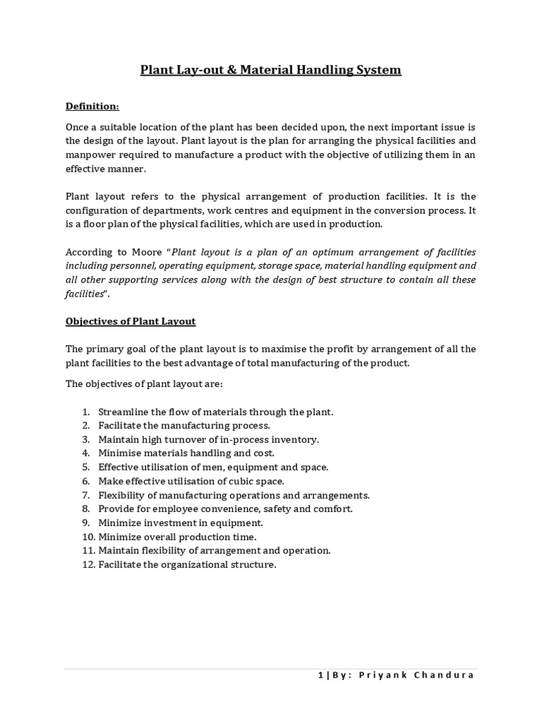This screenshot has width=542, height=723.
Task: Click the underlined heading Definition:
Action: click(92, 106)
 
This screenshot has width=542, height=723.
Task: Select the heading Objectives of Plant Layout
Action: click(131, 321)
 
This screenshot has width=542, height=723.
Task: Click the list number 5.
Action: click(85, 467)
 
